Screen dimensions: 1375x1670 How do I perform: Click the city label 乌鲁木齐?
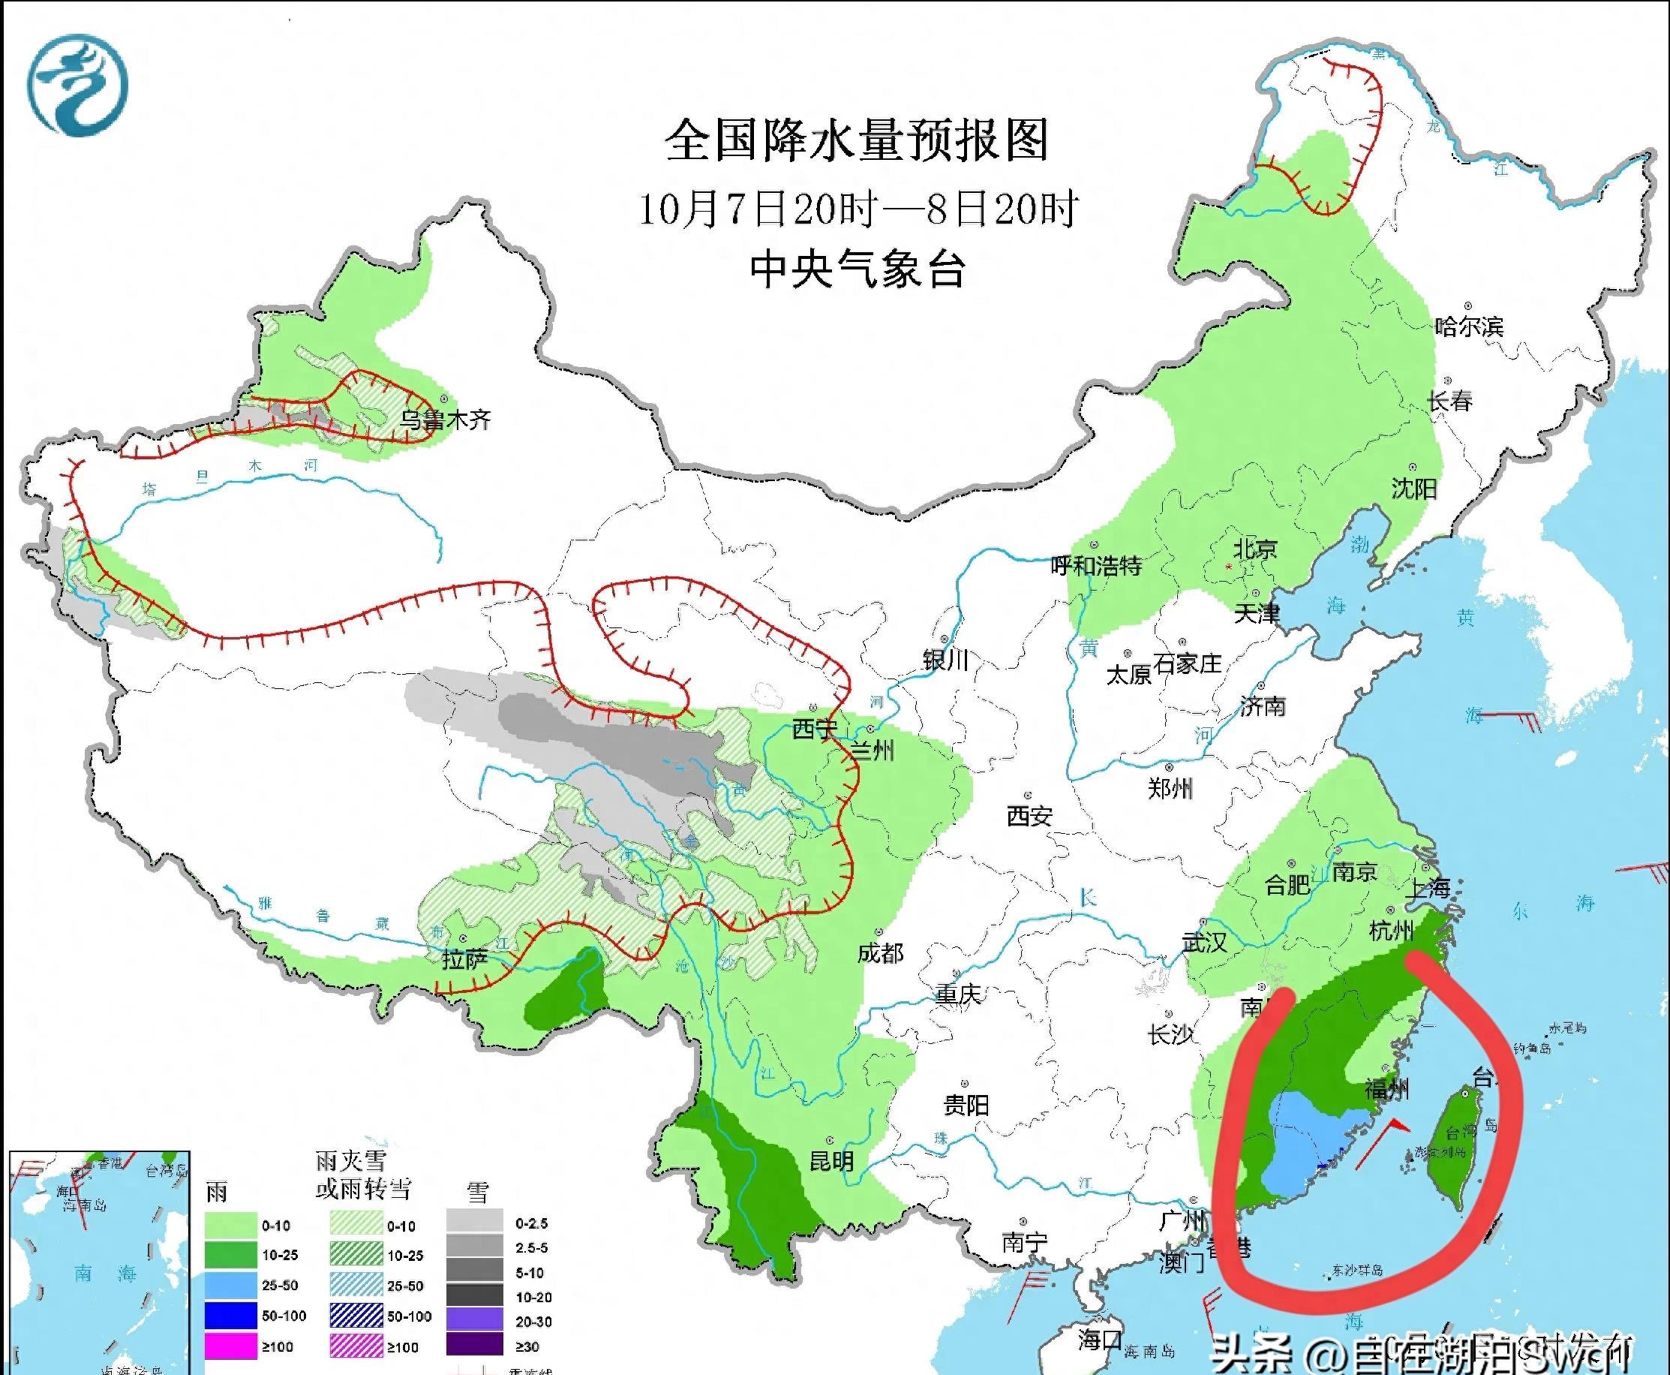click(x=445, y=419)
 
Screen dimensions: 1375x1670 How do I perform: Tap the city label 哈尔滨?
click(x=1469, y=326)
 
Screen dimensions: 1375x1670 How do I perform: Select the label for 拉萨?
click(x=465, y=960)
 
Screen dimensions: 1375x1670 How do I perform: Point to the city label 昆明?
click(x=831, y=1161)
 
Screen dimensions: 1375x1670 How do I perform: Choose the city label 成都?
click(x=881, y=953)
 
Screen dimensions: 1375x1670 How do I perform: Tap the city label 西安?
click(x=1029, y=816)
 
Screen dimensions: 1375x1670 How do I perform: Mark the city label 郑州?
click(x=1170, y=788)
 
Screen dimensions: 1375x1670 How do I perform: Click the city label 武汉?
click(x=1204, y=943)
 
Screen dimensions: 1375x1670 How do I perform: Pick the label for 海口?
click(x=1100, y=1340)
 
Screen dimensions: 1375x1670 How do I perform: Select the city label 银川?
click(x=945, y=659)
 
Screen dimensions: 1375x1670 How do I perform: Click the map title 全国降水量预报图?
click(x=856, y=141)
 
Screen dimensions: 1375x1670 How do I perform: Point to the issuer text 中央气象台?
click(x=858, y=269)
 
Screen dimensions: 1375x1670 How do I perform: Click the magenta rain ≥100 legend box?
click(x=231, y=1346)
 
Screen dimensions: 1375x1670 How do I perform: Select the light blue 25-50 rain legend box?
click(x=231, y=1286)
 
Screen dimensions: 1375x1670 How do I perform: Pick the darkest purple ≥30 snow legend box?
click(x=474, y=1346)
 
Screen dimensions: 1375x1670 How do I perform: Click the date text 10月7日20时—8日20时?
click(x=858, y=209)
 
